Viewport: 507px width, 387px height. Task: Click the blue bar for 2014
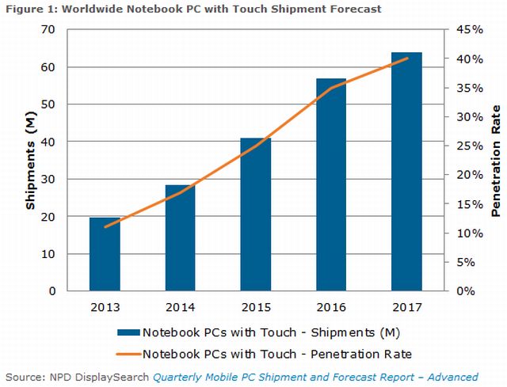[181, 238]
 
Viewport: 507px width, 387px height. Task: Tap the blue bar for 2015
[256, 214]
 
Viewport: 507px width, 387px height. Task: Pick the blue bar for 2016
[331, 185]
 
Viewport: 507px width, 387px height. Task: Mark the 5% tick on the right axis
[466, 262]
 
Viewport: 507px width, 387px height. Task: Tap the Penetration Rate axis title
[496, 161]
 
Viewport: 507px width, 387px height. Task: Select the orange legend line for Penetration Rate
[128, 352]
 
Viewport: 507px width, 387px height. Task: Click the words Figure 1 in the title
[29, 9]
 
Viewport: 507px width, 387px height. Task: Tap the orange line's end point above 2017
[407, 58]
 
